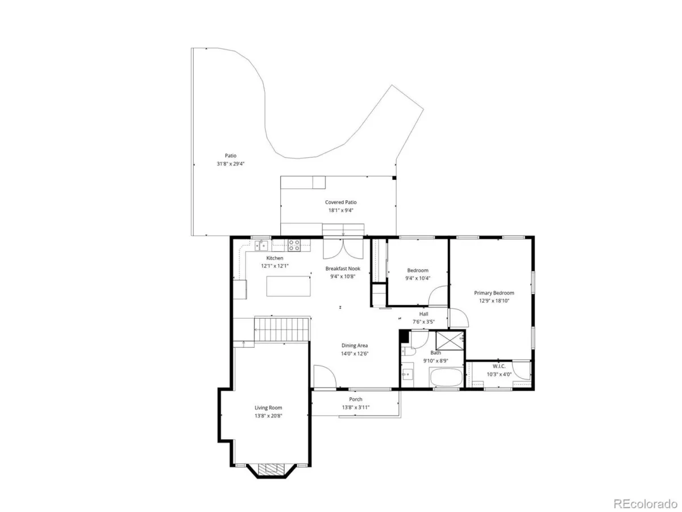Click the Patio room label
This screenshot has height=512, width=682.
pos(231,155)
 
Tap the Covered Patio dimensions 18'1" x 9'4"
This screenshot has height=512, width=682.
pos(340,210)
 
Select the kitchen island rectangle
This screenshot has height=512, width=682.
pos(288,286)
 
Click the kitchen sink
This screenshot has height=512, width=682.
pos(261,245)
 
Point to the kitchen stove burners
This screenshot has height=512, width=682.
pos(294,245)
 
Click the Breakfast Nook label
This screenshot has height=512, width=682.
pos(343,269)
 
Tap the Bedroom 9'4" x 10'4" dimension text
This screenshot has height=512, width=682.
pos(418,278)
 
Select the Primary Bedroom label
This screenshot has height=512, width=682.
pos(494,293)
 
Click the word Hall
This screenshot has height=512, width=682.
pos(423,314)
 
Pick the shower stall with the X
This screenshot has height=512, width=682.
pos(450,341)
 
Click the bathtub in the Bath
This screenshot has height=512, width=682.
pos(446,377)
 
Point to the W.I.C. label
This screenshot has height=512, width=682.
pos(499,366)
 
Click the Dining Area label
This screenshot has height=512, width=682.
pos(355,345)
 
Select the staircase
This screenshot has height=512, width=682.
pos(282,329)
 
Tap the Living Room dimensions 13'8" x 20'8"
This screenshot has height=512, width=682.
pos(268,416)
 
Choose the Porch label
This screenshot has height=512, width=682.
pos(355,399)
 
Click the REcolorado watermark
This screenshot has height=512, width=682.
pos(644,503)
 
